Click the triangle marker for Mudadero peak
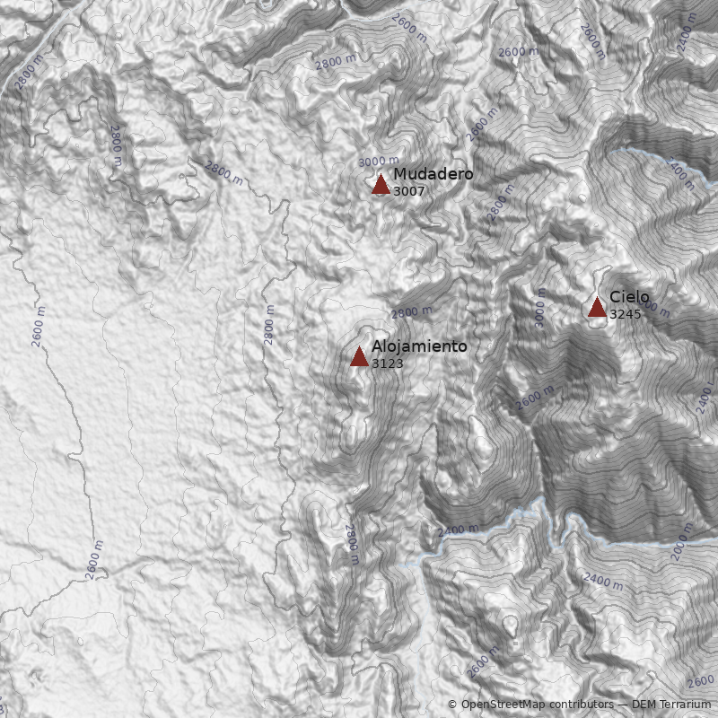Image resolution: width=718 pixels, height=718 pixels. tap(381, 185)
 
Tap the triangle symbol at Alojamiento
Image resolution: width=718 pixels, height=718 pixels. tap(359, 357)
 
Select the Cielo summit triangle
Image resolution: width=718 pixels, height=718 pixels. tap(597, 308)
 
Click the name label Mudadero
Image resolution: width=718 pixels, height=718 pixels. tap(433, 174)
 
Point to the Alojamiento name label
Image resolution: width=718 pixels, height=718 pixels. tap(419, 346)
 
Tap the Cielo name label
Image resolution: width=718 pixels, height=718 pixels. tap(629, 297)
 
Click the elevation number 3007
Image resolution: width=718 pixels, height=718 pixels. tap(408, 191)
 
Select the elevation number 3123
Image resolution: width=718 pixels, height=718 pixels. tap(387, 363)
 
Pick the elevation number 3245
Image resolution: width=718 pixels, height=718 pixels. tap(625, 315)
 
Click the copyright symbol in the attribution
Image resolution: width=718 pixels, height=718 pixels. tap(452, 705)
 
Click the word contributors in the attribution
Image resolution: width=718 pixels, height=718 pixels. tap(582, 705)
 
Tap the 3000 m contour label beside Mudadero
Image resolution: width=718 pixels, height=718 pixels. tap(378, 162)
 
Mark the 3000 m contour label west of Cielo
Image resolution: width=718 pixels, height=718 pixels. tap(539, 307)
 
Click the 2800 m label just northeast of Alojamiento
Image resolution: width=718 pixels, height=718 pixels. tap(411, 312)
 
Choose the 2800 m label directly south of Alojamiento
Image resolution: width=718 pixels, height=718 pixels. tap(352, 544)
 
